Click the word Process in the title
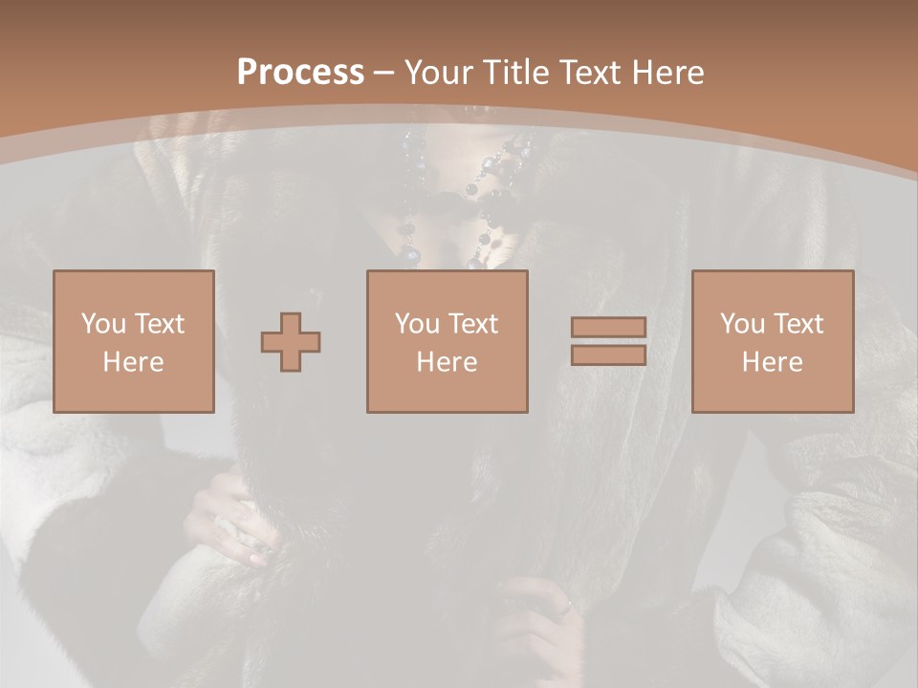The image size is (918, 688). coord(300,73)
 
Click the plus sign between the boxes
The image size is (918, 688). coord(292,342)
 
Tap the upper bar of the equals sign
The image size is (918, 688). coord(608,328)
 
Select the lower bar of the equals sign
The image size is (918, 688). coord(608,355)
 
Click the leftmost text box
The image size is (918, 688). coord(133,341)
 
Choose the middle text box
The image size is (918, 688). coord(447,341)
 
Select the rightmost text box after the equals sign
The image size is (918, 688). coord(772,341)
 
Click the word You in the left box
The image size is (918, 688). coord(100,324)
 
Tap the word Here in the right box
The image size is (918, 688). coord(772,361)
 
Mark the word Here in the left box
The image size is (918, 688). coord(133,361)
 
